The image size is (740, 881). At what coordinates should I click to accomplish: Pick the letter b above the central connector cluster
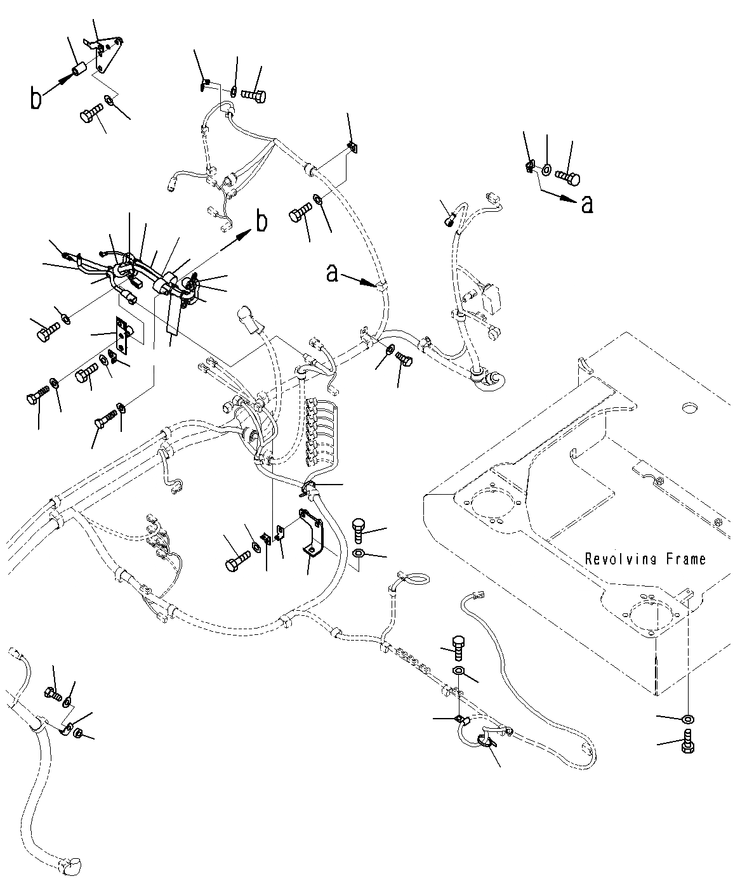coord(261,222)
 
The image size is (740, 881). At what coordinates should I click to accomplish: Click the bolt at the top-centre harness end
coord(254,96)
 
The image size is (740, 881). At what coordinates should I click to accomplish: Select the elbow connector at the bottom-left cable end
coord(70,865)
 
